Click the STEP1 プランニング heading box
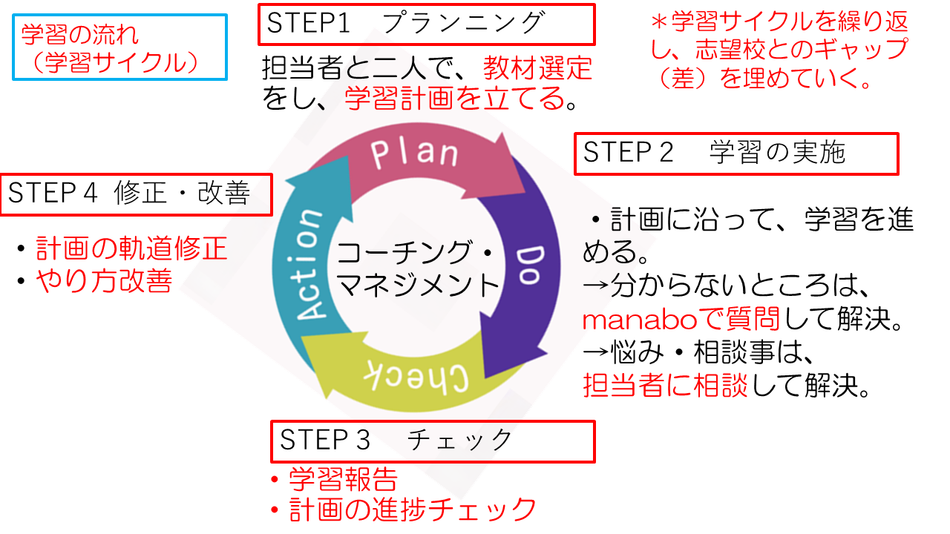coord(427,24)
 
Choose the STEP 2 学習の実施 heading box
coord(736,154)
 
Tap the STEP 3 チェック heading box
coord(433,441)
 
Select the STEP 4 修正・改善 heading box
coord(136,194)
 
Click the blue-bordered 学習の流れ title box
coord(119,47)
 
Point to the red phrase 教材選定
coord(538,69)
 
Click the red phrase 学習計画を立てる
coord(455,99)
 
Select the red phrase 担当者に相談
coord(666,386)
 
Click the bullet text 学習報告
coord(343,480)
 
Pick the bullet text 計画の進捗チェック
coord(413,510)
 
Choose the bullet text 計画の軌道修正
coord(131,249)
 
